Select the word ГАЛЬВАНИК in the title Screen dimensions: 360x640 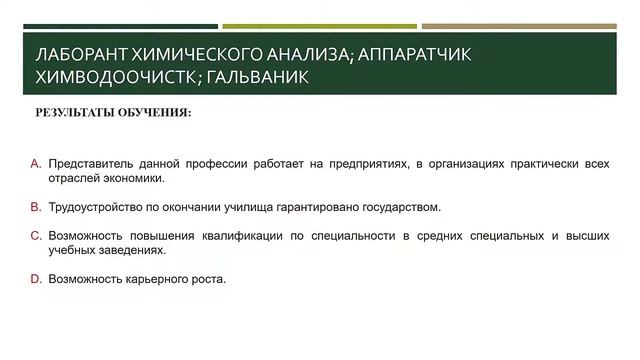(253, 76)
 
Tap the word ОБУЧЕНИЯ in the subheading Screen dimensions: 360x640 (155, 112)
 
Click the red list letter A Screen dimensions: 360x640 (35, 162)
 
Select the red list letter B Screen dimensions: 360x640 (35, 207)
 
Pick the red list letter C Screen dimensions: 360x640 (35, 235)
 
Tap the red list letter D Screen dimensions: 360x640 (35, 279)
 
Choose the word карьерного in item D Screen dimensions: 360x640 (161, 279)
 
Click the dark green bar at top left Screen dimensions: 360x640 (120, 26)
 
